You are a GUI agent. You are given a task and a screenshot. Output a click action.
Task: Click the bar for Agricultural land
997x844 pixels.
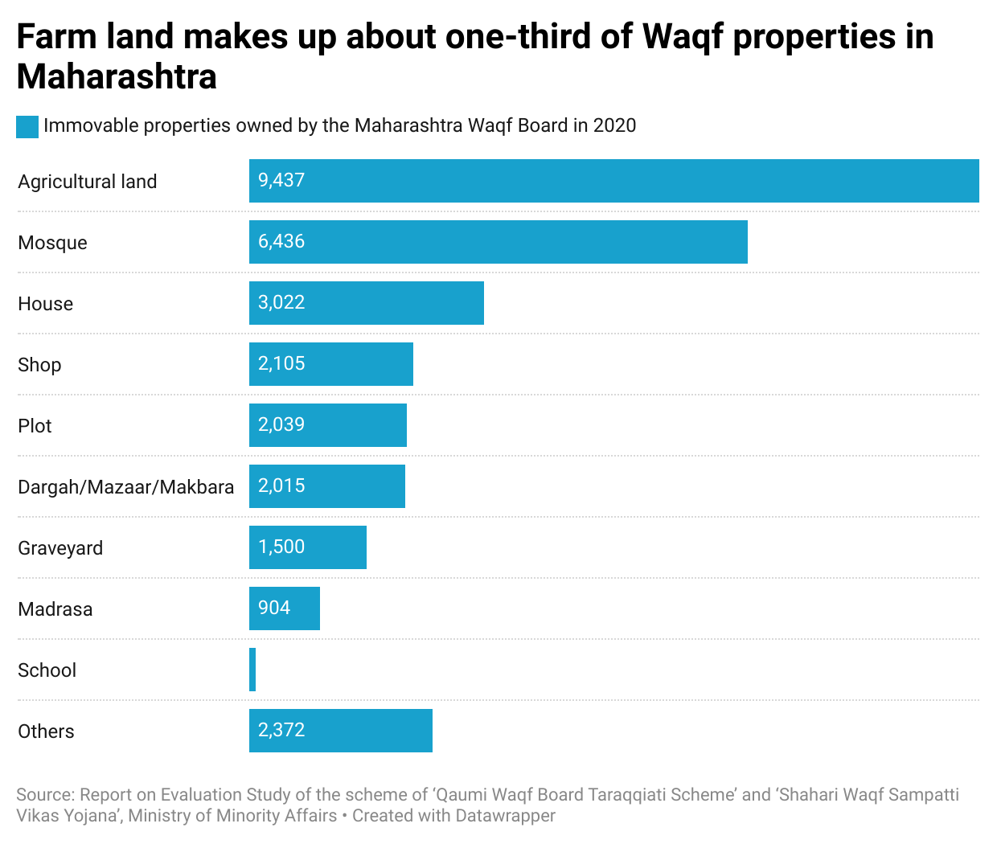[613, 181]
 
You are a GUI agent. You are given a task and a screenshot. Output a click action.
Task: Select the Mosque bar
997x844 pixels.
[498, 242]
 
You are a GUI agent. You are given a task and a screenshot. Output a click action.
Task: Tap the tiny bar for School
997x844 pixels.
[252, 670]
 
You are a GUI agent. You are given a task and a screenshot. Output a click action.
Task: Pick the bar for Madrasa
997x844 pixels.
[284, 608]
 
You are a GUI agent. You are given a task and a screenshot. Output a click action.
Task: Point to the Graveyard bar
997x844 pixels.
[307, 547]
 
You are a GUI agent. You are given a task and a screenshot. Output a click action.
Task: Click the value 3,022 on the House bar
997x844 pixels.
[281, 303]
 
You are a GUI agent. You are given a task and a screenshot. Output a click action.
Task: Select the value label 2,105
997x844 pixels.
[281, 364]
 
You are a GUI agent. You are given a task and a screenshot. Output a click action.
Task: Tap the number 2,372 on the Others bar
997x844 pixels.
[281, 731]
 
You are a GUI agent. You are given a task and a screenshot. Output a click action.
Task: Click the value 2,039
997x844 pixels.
[281, 425]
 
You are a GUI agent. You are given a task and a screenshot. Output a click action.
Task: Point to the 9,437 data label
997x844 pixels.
[281, 181]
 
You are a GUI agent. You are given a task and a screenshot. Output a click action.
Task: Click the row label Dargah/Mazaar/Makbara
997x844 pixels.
[126, 487]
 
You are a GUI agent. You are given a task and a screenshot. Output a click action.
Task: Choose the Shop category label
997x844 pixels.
[39, 365]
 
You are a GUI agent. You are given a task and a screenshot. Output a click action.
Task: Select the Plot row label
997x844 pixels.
[35, 426]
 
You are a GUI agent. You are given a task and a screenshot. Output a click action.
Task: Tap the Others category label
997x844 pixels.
[46, 731]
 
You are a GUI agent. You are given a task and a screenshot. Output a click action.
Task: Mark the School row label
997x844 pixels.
[47, 670]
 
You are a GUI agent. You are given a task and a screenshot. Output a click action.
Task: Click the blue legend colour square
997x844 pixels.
[27, 127]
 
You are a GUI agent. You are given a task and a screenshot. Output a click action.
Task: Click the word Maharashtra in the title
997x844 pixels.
[117, 77]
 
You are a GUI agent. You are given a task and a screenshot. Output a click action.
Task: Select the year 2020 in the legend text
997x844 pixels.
[614, 126]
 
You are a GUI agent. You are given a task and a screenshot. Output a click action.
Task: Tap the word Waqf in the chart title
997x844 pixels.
[683, 37]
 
